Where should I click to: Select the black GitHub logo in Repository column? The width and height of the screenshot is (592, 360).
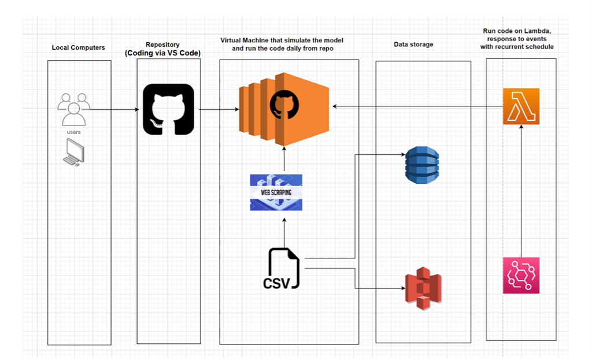coord(168,109)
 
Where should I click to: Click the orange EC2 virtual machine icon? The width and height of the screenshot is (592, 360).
coord(284,109)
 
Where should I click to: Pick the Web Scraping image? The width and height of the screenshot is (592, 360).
coord(276,192)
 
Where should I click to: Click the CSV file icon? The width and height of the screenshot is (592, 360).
coord(281,268)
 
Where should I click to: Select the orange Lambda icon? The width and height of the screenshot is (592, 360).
coord(521,106)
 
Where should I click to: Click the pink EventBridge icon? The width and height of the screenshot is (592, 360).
coord(521,276)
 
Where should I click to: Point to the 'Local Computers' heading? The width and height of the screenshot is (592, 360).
coord(79,47)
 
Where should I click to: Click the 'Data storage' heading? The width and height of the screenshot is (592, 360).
coord(413,44)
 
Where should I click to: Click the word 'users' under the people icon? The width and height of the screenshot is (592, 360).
coord(74,132)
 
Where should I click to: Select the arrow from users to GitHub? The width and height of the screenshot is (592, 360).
coord(116,109)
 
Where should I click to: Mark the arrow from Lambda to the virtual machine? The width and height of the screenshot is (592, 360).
coord(416,106)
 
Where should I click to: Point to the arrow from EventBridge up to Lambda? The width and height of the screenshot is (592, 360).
coord(521,191)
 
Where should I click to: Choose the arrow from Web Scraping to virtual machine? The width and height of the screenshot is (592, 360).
coord(284,159)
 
